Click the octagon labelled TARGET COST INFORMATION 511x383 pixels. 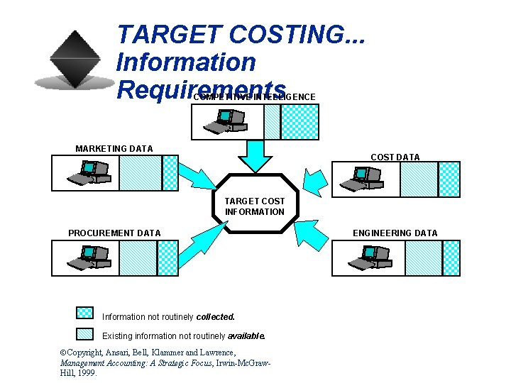254,202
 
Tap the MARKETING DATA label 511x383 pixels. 114,149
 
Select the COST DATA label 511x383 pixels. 395,157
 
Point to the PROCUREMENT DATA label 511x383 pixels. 114,233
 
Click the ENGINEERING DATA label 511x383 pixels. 395,233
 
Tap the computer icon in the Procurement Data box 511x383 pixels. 89,257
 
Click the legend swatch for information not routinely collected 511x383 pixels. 84,313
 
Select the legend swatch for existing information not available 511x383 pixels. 84,333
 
